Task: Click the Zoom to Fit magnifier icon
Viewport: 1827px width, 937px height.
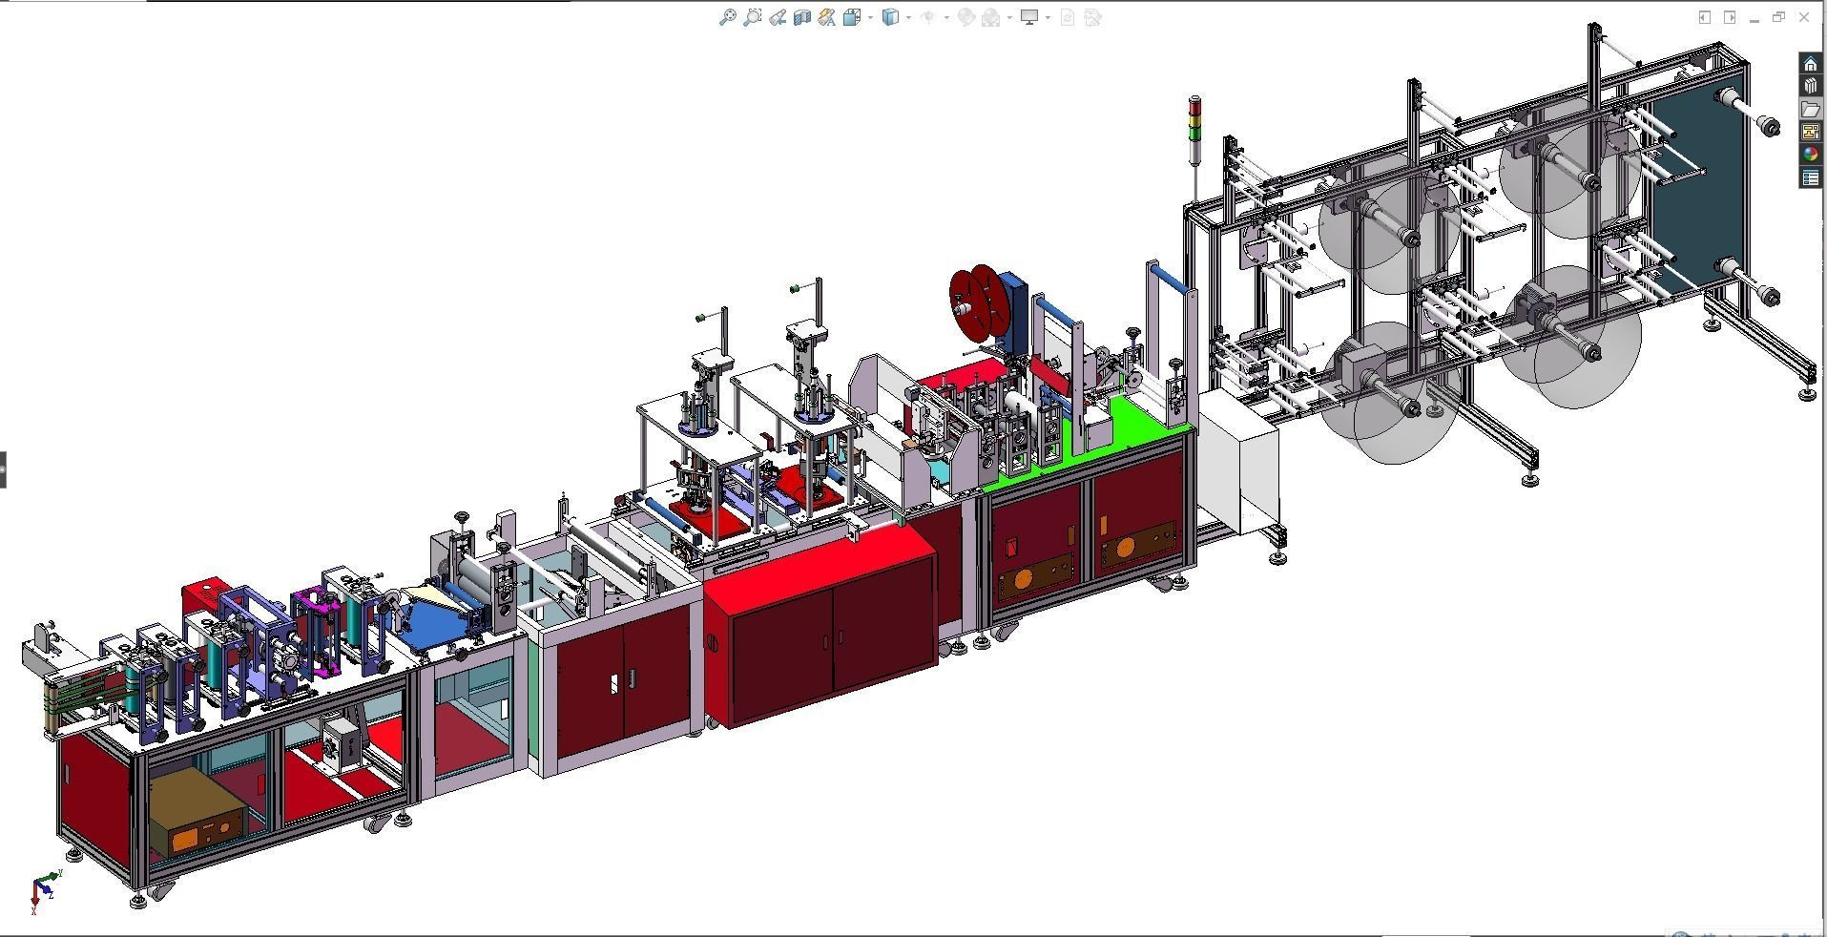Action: (x=727, y=17)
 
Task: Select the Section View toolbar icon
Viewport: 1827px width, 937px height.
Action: (x=801, y=17)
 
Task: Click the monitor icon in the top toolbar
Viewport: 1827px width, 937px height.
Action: (x=1029, y=17)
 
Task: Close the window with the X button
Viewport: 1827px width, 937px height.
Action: (x=1803, y=17)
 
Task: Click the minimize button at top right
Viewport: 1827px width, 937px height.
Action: (x=1754, y=17)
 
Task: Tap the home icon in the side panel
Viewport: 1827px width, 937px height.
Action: (x=1810, y=64)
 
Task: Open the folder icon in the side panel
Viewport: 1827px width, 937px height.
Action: (x=1810, y=109)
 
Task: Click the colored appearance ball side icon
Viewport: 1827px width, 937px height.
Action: (x=1810, y=155)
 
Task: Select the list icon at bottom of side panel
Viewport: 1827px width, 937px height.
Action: (x=1810, y=177)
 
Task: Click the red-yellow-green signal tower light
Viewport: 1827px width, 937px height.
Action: (x=1195, y=118)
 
